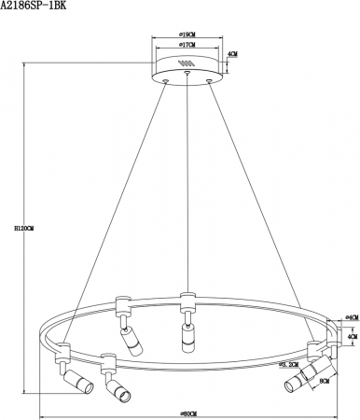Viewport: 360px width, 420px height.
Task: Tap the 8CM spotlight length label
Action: pyautogui.click(x=323, y=381)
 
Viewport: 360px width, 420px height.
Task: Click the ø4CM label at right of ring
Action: pyautogui.click(x=351, y=317)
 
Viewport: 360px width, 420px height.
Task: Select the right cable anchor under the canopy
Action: pyautogui.click(x=208, y=82)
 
